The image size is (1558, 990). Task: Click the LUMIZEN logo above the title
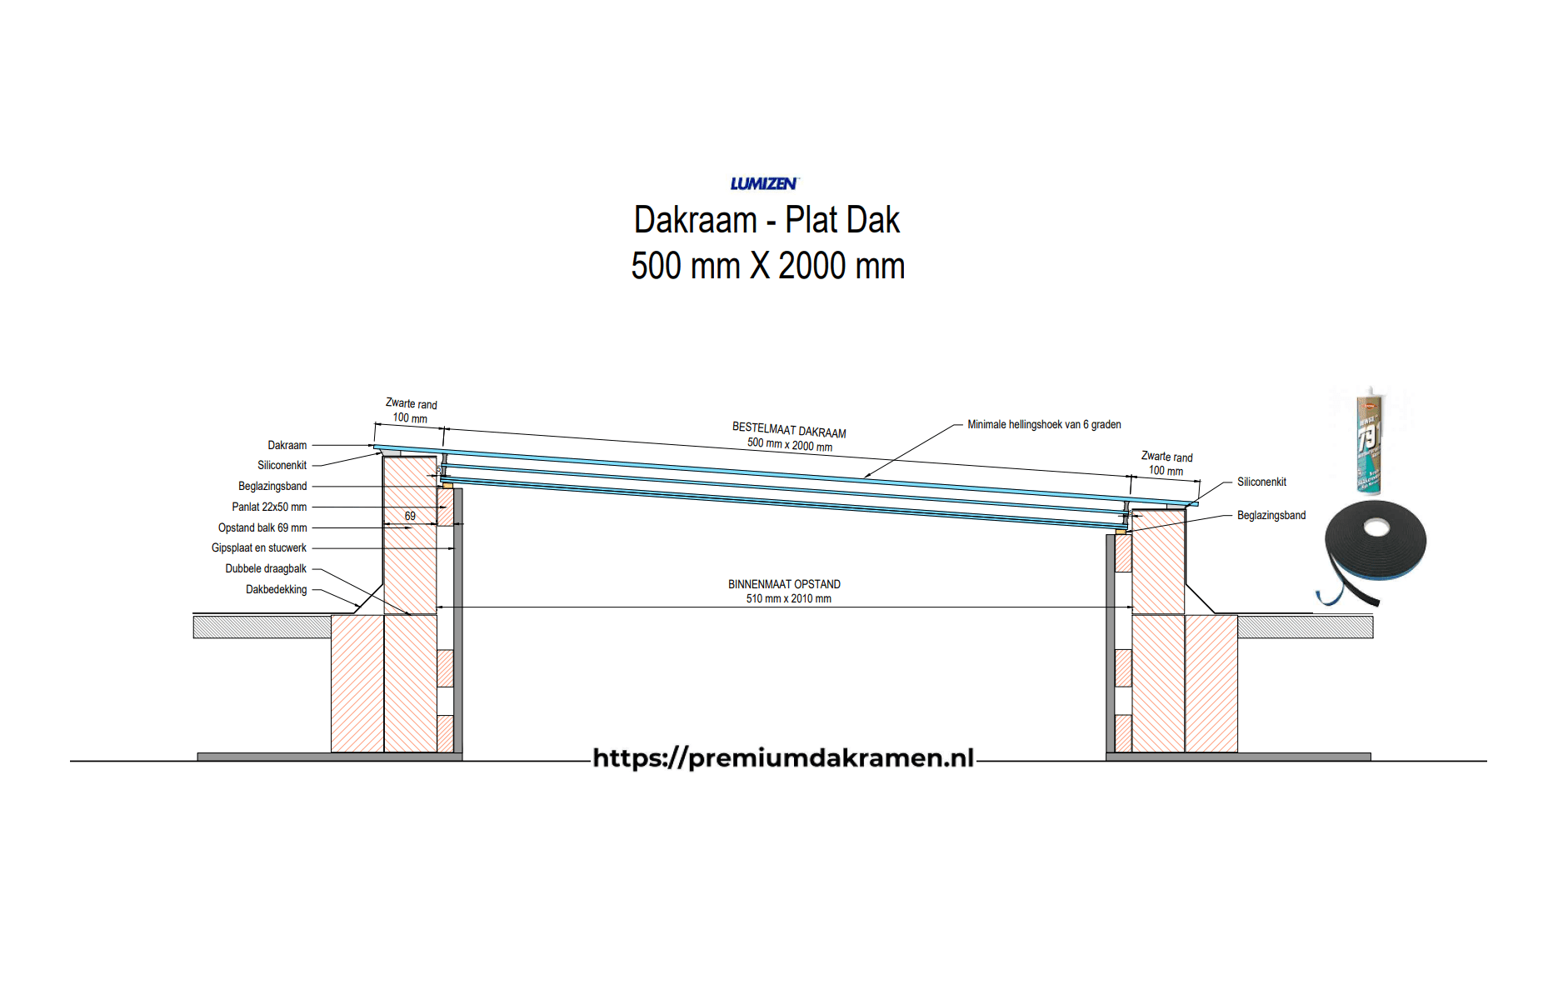point(764,183)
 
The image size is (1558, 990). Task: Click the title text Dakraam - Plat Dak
point(767,220)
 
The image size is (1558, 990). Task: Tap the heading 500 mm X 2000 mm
point(767,266)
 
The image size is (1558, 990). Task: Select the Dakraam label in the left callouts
point(287,445)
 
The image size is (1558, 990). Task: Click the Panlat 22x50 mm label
point(269,507)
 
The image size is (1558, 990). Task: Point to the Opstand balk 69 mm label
point(262,527)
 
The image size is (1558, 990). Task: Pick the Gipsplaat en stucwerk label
point(259,547)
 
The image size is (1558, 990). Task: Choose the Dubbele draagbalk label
point(266,568)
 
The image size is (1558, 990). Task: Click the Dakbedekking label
point(276,589)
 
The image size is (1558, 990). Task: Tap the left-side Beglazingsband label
point(272,486)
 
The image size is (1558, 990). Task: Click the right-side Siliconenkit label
point(1261,482)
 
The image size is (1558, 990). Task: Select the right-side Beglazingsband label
point(1271,515)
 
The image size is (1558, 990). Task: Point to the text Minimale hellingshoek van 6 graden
point(1044,424)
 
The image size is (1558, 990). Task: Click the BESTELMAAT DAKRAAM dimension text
point(789,431)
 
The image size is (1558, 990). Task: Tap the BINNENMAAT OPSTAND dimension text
point(784,584)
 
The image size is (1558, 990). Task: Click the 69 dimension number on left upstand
point(410,516)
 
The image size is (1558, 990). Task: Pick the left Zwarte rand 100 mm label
point(411,410)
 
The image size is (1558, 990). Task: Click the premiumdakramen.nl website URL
point(783,757)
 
